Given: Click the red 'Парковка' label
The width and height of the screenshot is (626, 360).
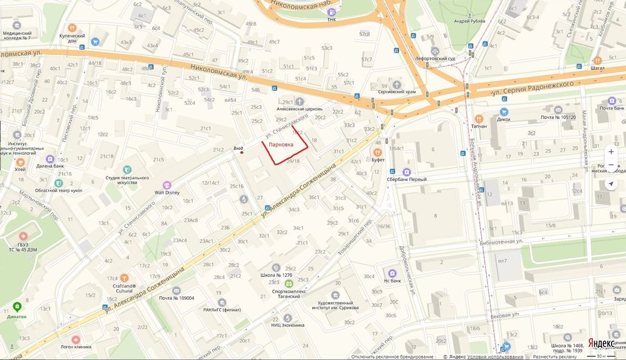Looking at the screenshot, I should [x=280, y=145].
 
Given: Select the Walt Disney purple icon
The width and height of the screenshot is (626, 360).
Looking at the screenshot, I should [x=167, y=185].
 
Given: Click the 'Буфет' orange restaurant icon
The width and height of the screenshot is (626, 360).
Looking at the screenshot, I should [x=377, y=152].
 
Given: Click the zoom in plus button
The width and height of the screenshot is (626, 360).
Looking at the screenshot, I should [x=611, y=152].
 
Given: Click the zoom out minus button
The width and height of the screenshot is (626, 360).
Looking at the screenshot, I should [x=611, y=167].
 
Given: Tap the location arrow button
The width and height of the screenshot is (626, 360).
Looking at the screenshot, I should [x=611, y=184].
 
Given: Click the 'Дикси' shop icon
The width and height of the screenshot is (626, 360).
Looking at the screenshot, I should [x=504, y=111].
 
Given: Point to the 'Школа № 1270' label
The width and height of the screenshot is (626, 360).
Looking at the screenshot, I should [x=276, y=275].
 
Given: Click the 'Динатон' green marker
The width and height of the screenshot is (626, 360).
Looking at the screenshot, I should [x=17, y=307].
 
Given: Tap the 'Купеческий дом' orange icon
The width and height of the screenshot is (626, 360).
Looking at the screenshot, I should [x=72, y=28].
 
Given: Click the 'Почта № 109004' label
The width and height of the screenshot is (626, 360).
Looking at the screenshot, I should [x=176, y=298].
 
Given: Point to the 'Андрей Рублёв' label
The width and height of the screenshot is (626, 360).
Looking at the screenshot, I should [x=469, y=21].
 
